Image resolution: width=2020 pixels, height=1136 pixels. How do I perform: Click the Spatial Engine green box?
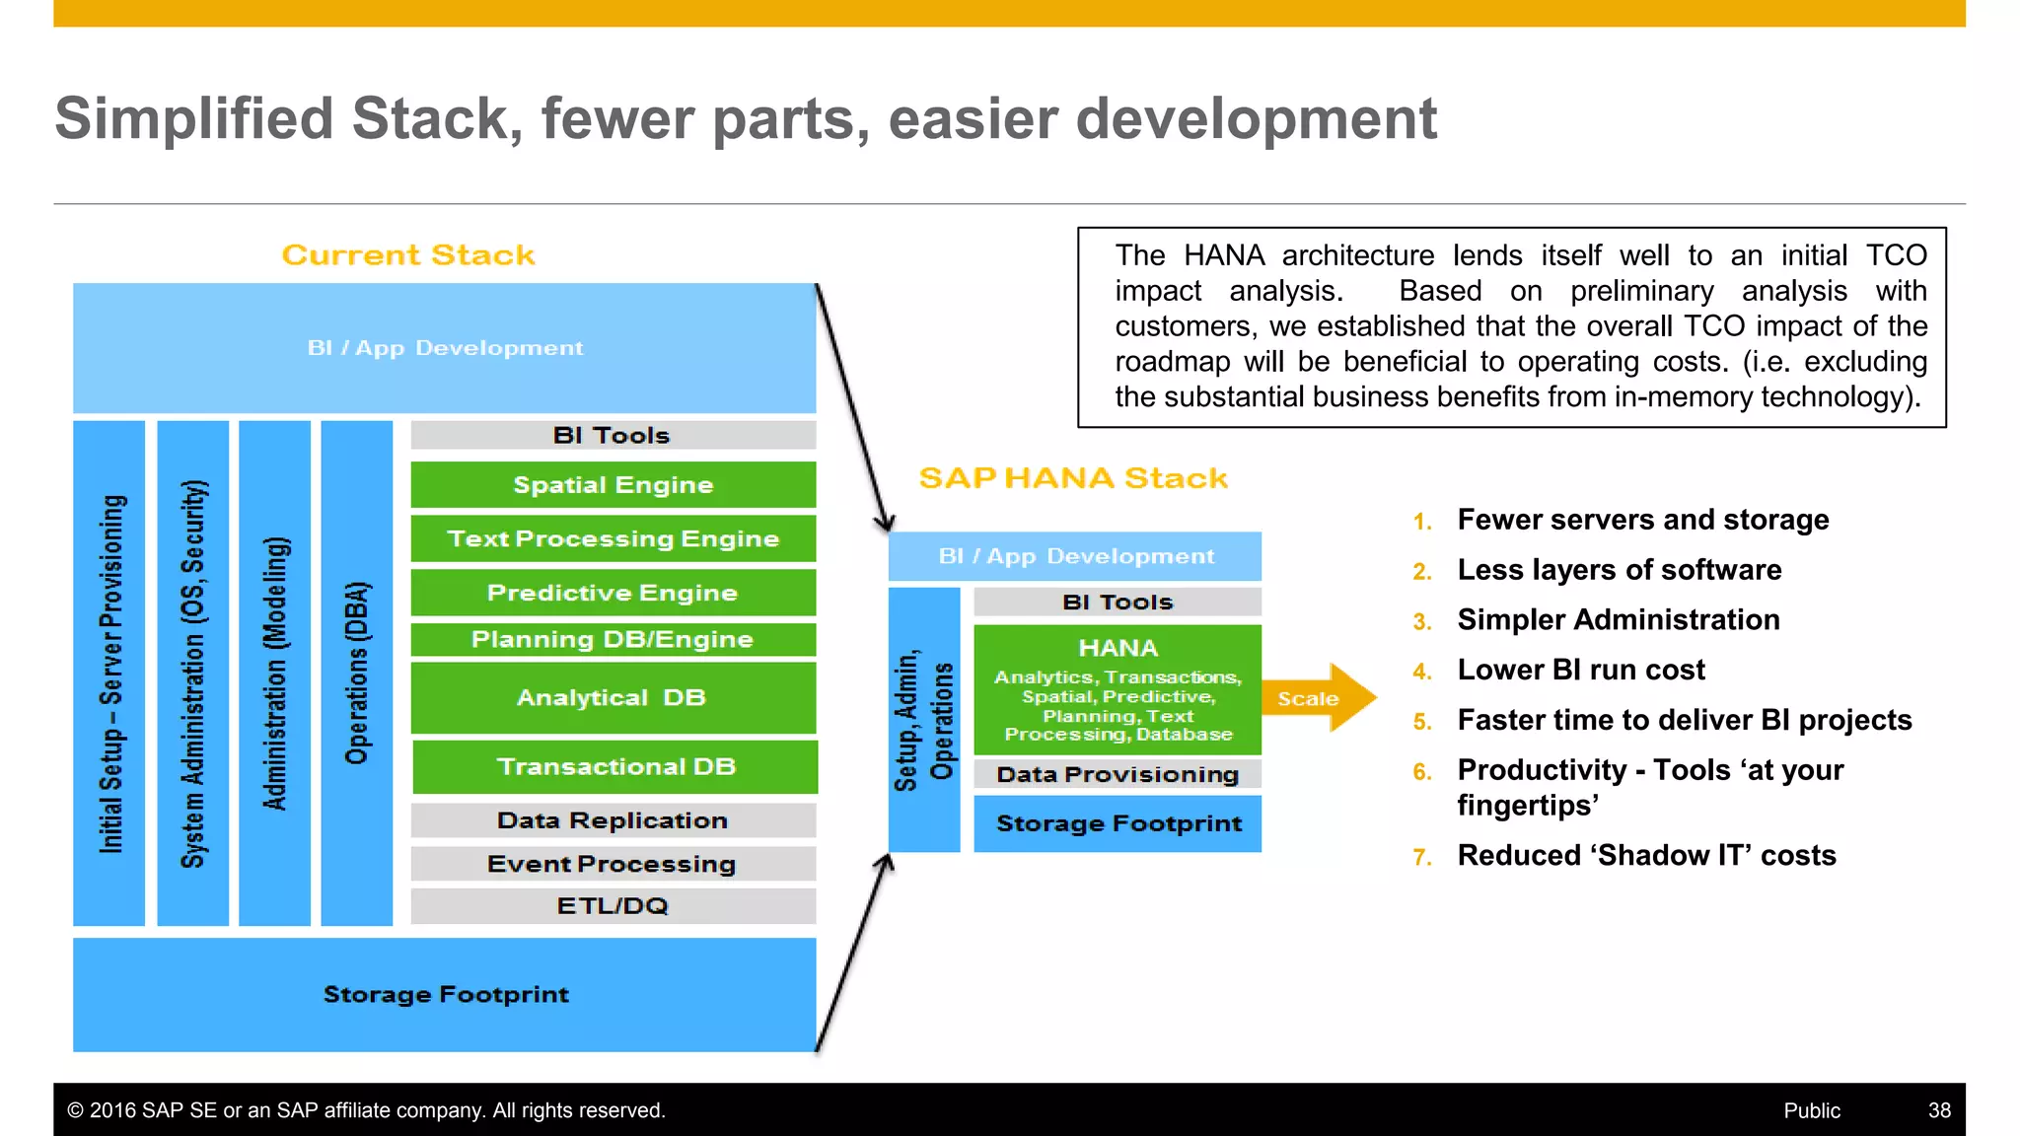(613, 485)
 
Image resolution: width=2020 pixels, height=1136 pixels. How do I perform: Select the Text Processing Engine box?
(613, 538)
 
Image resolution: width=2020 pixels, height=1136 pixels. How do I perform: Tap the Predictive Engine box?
(613, 593)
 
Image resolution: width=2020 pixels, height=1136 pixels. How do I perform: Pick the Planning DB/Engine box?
(613, 639)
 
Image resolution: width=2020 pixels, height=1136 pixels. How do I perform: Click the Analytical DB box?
(613, 697)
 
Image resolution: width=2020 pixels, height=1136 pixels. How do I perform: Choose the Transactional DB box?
(615, 766)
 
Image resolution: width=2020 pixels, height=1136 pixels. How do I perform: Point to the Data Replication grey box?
(613, 820)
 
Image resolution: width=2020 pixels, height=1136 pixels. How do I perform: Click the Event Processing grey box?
(613, 864)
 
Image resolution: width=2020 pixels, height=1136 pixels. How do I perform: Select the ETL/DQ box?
(613, 905)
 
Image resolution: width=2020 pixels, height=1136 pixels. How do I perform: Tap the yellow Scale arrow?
(1318, 698)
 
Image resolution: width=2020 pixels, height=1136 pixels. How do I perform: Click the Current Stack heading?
(408, 255)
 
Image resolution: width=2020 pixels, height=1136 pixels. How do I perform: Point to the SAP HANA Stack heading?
(1073, 478)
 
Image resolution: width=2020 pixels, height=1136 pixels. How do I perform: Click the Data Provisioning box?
(1118, 774)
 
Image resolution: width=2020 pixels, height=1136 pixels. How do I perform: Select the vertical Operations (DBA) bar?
(357, 674)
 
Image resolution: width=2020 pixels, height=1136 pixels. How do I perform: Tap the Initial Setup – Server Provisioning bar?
(109, 674)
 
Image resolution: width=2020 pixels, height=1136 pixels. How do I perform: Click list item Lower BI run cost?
(1580, 671)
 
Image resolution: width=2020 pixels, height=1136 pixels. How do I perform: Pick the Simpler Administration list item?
(1618, 620)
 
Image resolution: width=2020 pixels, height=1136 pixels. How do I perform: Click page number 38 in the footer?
(1939, 1110)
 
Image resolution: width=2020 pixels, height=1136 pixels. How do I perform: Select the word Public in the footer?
(1811, 1110)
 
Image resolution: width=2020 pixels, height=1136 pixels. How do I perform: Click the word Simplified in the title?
(194, 119)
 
